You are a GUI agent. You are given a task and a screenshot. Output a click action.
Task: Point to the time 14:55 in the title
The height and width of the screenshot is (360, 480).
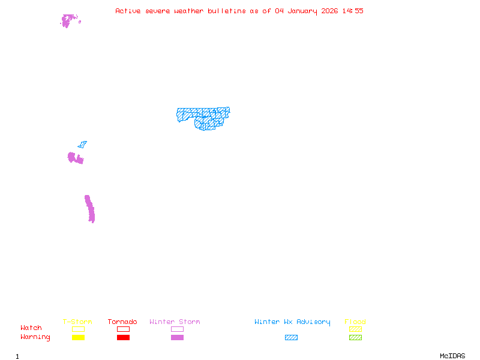coord(352,11)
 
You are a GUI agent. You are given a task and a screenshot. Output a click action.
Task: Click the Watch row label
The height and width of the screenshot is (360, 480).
coord(31,328)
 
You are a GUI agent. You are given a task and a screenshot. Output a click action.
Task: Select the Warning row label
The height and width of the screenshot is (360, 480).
coord(35,337)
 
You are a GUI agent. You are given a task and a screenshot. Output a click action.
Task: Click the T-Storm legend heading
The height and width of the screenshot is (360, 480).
coord(77,322)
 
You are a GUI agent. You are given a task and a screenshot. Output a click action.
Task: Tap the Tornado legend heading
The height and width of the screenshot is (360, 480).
coord(122,322)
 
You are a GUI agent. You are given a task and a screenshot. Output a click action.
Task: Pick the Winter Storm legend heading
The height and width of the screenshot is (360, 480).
coord(175,322)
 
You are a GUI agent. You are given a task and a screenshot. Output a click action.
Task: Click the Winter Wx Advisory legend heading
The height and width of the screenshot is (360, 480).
coord(292,322)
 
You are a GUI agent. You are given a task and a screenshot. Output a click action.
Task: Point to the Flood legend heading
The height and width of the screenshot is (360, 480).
coord(355,322)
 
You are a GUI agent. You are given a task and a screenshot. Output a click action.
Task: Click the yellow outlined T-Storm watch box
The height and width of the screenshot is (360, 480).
coord(78,329)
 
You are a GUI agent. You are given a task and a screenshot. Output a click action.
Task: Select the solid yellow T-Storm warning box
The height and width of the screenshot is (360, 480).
coord(78,337)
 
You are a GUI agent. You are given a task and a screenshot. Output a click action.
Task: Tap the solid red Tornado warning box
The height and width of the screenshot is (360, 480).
coord(123,337)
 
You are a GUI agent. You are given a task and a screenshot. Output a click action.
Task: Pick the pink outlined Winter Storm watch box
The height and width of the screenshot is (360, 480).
coord(177,329)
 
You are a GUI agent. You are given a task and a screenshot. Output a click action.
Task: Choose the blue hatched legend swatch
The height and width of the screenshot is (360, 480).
coord(291,337)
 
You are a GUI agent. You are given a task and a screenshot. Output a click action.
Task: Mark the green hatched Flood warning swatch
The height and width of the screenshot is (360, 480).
coord(355,337)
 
